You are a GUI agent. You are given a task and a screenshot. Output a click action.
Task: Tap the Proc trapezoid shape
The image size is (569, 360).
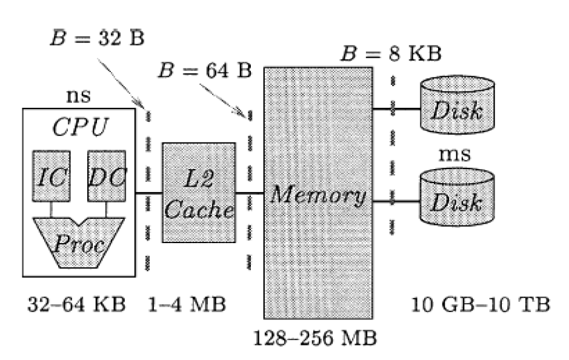79,243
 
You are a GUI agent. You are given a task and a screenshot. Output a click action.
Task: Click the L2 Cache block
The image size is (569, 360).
198,193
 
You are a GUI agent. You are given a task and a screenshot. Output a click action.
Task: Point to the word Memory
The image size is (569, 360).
318,195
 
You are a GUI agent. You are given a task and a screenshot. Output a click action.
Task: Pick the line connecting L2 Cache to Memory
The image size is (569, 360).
249,193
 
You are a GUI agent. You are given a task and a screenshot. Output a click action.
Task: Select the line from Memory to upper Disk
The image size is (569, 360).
395,110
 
